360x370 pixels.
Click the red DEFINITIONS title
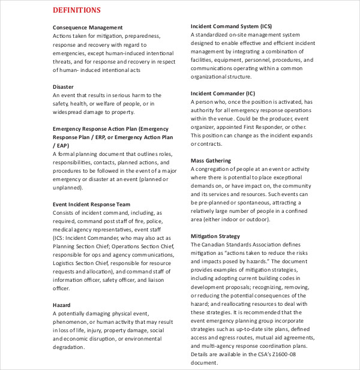(77, 10)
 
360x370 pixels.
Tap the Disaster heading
(64, 86)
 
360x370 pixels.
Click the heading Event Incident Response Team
(92, 204)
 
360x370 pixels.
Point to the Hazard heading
(62, 305)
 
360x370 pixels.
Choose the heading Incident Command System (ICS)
(231, 26)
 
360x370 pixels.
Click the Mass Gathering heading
(211, 161)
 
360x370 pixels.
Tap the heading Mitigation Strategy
(215, 236)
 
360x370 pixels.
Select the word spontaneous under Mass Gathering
(254, 203)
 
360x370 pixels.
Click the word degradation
(69, 347)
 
